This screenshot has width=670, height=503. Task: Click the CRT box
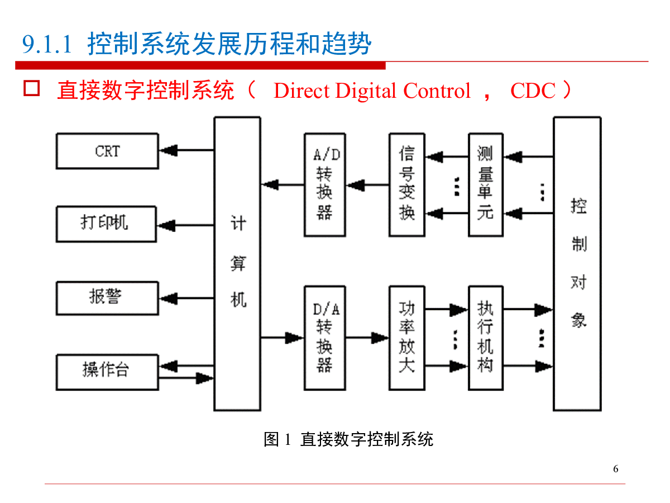(107, 151)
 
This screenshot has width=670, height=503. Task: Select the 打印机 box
(106, 224)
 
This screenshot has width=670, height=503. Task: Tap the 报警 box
(106, 298)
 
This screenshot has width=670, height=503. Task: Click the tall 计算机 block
(237, 263)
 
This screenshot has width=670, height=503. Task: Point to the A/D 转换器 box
(325, 184)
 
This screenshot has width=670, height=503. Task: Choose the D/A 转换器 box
(325, 338)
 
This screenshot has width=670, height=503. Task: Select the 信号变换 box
(407, 184)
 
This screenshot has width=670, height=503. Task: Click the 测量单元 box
(485, 184)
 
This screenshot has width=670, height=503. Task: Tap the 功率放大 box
(407, 338)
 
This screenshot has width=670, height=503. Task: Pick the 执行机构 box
(485, 338)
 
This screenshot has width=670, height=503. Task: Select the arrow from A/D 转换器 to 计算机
(283, 184)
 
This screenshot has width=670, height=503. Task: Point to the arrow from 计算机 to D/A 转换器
(283, 338)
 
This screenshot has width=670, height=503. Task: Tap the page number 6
(616, 469)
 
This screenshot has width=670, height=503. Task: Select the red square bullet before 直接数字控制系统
(31, 89)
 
